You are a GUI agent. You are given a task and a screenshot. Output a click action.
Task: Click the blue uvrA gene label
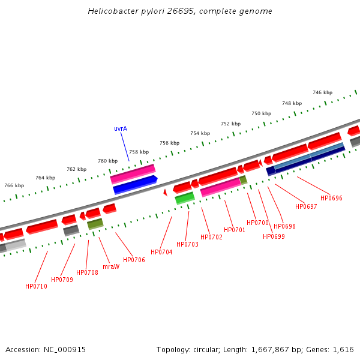[121, 128]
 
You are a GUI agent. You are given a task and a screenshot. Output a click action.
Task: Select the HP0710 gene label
[36, 286]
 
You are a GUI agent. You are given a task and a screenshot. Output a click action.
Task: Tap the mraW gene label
[111, 266]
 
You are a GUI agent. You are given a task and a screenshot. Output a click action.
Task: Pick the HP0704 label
[161, 252]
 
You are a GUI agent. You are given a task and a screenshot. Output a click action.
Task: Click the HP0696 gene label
[331, 198]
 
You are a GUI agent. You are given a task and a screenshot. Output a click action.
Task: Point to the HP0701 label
[235, 230]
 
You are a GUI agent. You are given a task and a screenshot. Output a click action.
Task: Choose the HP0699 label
[274, 236]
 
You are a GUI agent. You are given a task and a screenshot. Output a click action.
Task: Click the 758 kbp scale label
[139, 152]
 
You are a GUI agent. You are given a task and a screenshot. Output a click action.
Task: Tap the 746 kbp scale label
[322, 92]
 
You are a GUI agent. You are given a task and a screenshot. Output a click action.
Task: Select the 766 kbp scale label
[14, 185]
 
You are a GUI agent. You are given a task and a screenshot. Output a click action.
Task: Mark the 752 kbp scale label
[230, 124]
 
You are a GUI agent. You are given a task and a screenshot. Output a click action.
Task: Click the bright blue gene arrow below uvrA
[135, 185]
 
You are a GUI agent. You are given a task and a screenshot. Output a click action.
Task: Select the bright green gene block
[185, 197]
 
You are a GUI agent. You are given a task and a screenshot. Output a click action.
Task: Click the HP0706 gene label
[134, 260]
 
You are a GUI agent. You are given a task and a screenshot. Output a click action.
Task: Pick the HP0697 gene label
[306, 206]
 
